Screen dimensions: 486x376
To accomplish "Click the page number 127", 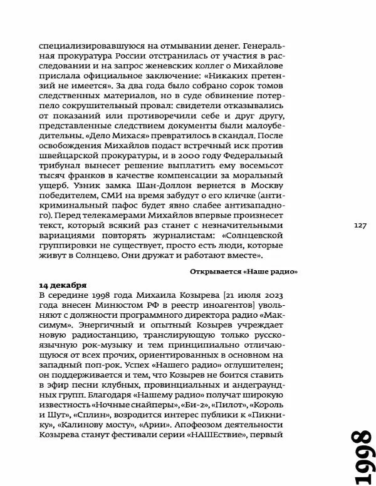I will tap(360, 226).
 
